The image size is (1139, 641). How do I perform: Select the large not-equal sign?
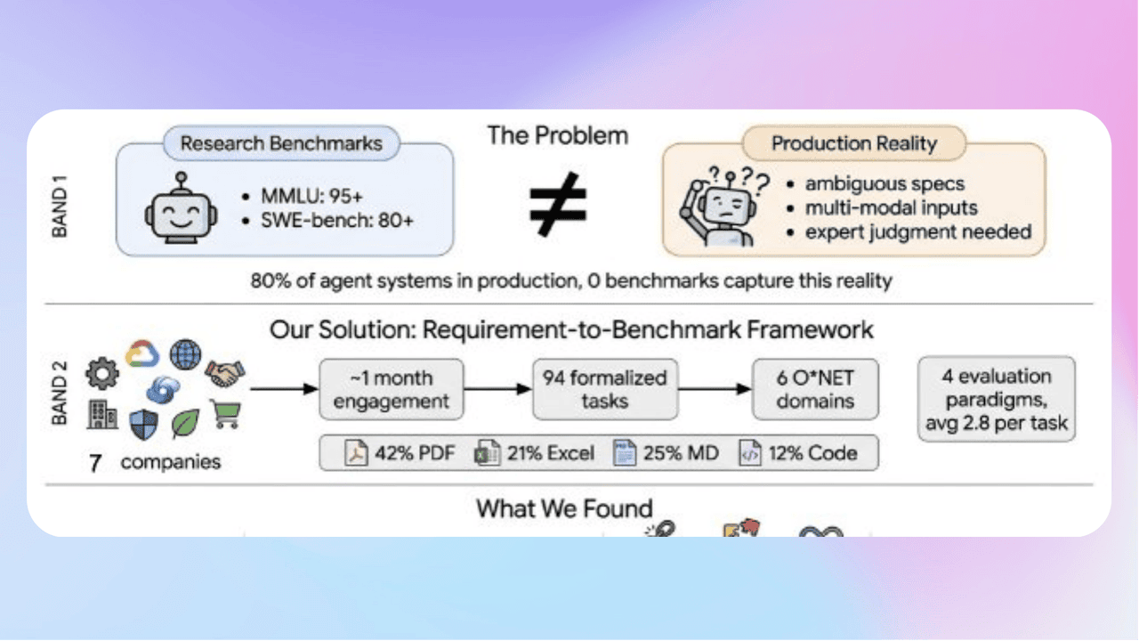558,203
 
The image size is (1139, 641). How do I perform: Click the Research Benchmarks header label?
281,143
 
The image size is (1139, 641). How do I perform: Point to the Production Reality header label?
854,143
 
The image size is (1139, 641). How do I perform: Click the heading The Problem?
558,135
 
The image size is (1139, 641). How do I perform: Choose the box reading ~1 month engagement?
392,389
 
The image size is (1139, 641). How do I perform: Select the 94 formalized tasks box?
605,389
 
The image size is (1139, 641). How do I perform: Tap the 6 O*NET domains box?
815,389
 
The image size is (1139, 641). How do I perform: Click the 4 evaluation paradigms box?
997,399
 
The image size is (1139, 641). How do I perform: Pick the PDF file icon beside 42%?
357,453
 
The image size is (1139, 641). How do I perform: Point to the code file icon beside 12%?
750,453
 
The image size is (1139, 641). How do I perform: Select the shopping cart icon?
226,412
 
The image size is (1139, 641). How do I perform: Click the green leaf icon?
185,424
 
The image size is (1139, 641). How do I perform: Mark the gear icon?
101,373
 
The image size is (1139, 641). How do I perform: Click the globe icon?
185,353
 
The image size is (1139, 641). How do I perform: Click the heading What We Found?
564,508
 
